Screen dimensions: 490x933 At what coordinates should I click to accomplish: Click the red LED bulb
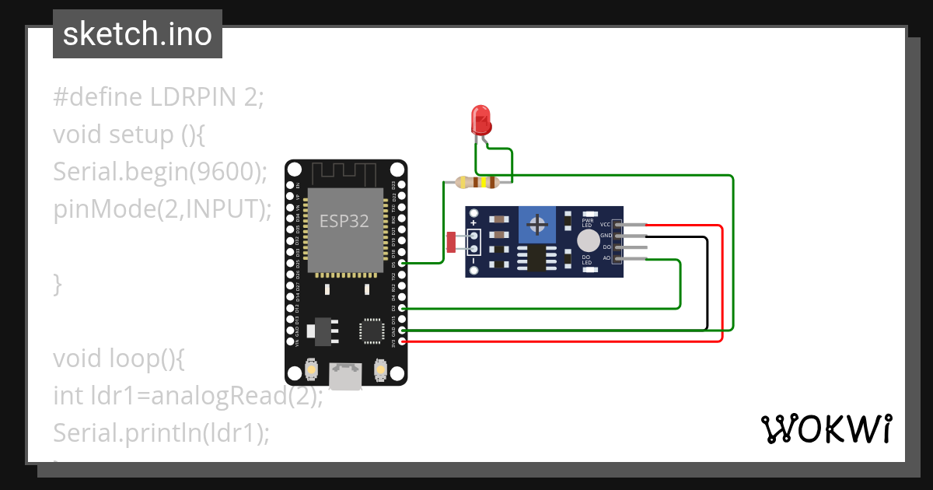481,121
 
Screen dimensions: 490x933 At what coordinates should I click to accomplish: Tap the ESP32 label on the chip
344,220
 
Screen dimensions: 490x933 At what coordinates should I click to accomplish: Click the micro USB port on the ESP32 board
345,376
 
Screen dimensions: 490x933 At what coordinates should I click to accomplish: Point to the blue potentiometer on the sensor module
536,225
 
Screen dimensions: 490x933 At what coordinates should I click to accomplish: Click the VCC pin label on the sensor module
605,224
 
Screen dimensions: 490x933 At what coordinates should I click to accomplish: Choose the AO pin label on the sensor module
606,257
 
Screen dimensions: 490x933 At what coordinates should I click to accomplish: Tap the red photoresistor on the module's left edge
451,242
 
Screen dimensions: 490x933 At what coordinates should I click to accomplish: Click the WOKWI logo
826,429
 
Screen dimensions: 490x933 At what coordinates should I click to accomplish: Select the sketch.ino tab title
138,34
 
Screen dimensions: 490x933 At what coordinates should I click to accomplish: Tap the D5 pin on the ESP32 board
402,264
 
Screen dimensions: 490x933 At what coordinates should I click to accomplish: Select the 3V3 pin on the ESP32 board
402,341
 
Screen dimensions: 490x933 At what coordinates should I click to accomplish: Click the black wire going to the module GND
707,288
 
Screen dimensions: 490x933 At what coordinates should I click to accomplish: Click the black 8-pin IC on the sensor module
533,258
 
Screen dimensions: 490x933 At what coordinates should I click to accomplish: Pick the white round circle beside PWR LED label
589,240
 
